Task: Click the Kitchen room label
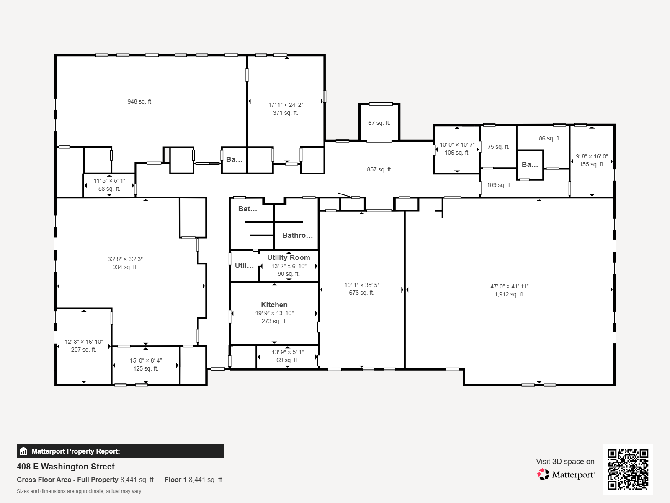point(274,305)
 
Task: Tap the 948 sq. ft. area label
point(140,102)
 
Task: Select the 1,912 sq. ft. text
point(509,294)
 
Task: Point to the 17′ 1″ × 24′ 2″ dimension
point(286,105)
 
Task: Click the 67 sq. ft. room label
point(379,123)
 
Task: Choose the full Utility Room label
point(289,257)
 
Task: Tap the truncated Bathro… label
point(297,235)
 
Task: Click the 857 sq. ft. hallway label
point(379,169)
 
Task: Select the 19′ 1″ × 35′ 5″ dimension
point(362,285)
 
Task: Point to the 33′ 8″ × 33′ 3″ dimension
point(125,259)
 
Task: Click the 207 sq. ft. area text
point(84,350)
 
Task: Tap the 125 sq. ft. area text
point(146,368)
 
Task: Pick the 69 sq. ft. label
point(288,360)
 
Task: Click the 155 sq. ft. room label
point(592,165)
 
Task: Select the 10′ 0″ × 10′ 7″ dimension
point(457,145)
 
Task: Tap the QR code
point(628,469)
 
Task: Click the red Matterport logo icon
point(543,474)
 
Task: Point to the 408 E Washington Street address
point(66,467)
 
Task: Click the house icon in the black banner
point(23,451)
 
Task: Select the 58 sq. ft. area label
point(109,189)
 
